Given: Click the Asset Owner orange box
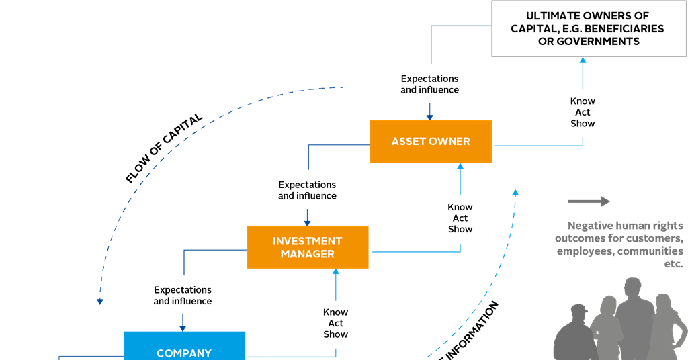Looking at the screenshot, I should (x=431, y=141).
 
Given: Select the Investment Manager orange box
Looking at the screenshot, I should (x=307, y=247).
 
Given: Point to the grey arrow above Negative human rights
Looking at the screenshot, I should (x=589, y=201).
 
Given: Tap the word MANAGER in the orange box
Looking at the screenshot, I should (x=307, y=254).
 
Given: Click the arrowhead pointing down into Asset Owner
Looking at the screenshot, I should (x=429, y=116).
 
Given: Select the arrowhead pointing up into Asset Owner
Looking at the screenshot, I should (x=460, y=167).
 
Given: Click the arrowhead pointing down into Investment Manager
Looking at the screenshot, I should (x=307, y=221).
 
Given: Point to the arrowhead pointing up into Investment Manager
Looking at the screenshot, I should (x=336, y=273).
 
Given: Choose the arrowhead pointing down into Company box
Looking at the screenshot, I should (x=183, y=326).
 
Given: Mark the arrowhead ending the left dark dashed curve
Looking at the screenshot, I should (x=99, y=301).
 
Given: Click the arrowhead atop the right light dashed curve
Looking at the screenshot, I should (x=515, y=193).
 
